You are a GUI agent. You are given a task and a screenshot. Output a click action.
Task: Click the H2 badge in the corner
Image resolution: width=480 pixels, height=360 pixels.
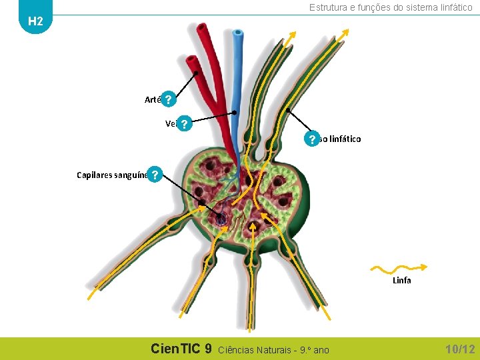pyautogui.click(x=35, y=21)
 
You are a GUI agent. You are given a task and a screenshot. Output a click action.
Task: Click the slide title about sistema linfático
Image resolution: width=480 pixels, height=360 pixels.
pyautogui.click(x=391, y=7)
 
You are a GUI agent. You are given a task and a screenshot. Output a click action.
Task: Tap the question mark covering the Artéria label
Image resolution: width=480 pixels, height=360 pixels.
pyautogui.click(x=169, y=100)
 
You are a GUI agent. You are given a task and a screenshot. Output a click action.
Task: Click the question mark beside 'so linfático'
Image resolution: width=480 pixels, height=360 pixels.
pyautogui.click(x=311, y=139)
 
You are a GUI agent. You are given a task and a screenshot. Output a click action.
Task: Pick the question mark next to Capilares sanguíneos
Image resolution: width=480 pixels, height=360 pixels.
pyautogui.click(x=155, y=175)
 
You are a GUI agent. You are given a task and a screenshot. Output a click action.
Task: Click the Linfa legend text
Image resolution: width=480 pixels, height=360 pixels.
pyautogui.click(x=402, y=281)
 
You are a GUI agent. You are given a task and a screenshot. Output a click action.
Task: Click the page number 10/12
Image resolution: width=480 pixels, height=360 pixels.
pyautogui.click(x=460, y=349)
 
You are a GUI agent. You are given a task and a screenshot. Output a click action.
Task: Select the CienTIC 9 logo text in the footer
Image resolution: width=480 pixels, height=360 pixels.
pyautogui.click(x=181, y=349)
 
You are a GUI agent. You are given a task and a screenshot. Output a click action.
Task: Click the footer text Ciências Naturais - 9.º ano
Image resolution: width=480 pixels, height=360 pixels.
pyautogui.click(x=274, y=349)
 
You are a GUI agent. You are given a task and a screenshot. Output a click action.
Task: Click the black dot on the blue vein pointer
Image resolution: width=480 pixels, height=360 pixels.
pyautogui.click(x=234, y=112)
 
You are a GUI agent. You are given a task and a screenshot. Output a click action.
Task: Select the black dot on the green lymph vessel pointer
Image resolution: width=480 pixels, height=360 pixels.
pyautogui.click(x=287, y=109)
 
